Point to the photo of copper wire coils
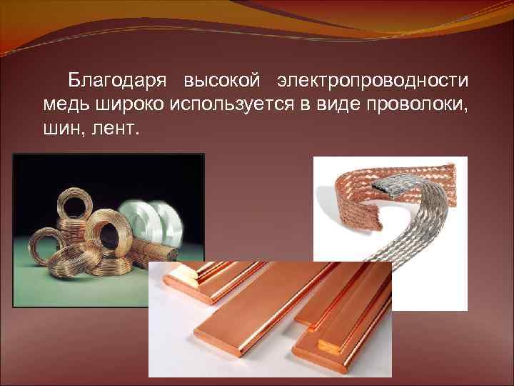pos(79,214)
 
